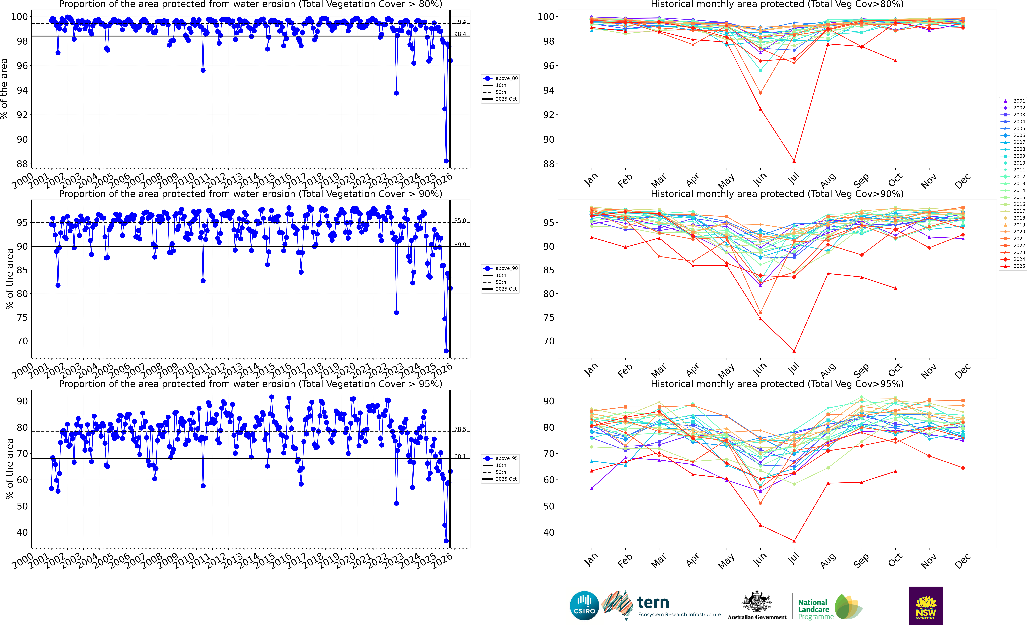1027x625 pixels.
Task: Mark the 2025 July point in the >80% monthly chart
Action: click(x=794, y=161)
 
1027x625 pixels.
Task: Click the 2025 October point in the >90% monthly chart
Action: click(x=895, y=288)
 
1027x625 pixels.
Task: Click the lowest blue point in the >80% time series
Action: click(x=446, y=161)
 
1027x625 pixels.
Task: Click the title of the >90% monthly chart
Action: click(x=777, y=194)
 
